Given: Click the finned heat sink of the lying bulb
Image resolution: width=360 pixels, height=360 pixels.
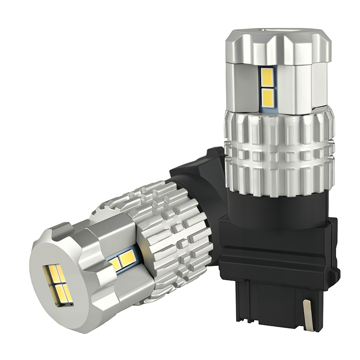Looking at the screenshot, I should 171,234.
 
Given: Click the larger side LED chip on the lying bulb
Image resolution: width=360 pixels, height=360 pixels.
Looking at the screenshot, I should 128,257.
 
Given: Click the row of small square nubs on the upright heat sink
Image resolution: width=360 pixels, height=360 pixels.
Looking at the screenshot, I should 279,156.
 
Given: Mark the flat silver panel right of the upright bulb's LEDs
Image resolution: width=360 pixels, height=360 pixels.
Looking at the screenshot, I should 297,88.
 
